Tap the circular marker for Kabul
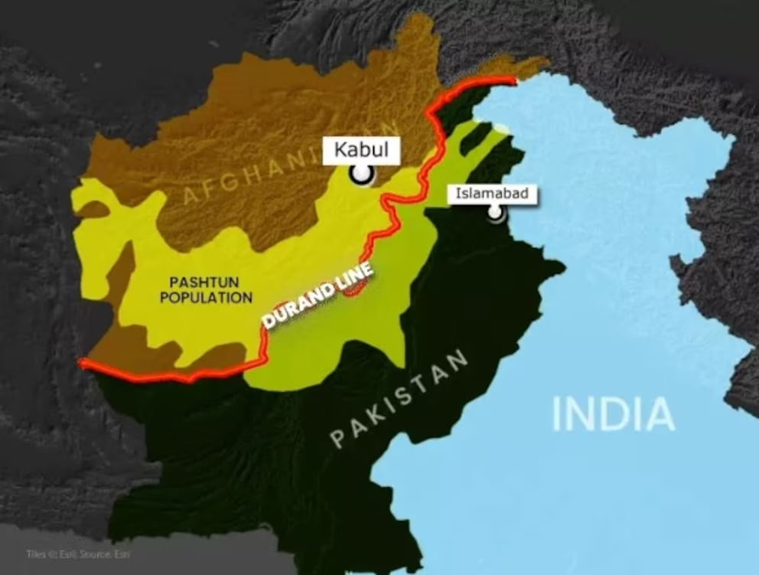coord(361,175)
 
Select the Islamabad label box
coord(492,194)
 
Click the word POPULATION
coord(206,297)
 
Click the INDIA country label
coord(613,413)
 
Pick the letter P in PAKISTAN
coord(337,439)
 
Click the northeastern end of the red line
coord(513,79)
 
